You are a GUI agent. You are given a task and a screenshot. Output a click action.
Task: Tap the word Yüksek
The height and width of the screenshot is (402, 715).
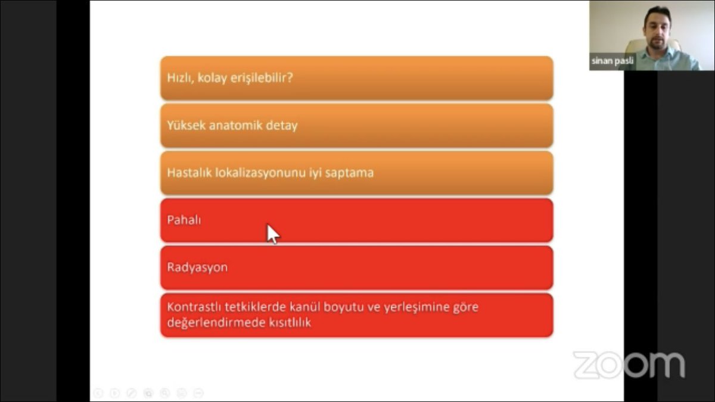tap(186, 126)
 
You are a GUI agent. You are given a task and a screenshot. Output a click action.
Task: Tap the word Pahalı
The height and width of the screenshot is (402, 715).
tap(184, 220)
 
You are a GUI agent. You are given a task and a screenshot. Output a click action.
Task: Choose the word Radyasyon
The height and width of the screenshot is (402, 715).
tap(197, 267)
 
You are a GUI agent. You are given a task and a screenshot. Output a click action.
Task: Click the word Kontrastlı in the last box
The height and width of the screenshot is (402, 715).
tap(194, 307)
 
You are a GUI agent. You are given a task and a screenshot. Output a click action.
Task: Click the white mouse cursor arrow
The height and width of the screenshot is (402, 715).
tap(272, 233)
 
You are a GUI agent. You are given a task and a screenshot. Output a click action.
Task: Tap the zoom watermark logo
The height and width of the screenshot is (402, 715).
tap(629, 364)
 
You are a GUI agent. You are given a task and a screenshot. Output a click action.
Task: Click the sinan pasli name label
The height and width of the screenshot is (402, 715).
tap(612, 61)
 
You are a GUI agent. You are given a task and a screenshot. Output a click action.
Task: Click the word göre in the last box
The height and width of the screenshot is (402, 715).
tap(465, 307)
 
